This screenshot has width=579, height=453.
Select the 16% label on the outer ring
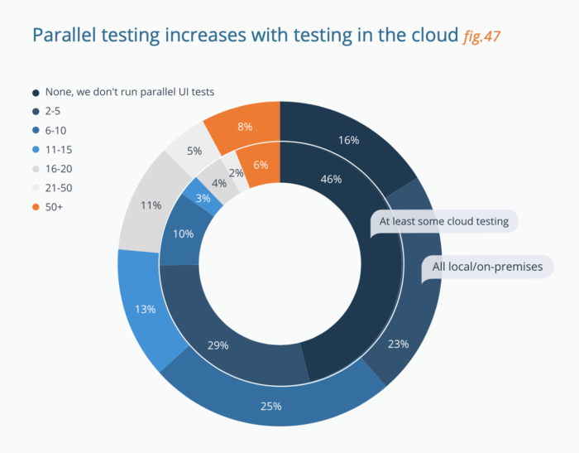pos(349,141)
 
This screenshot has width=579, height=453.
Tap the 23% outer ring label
pos(398,344)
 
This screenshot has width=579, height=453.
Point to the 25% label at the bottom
pos(271,406)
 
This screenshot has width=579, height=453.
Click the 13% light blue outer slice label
pos(146,309)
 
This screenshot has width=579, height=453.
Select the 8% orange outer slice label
pos(245,127)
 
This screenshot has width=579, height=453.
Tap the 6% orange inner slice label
pos(261,165)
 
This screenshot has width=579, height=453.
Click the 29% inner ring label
pos(218,345)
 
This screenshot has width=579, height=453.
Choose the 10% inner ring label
pos(184,234)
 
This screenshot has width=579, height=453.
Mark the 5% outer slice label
pos(195,151)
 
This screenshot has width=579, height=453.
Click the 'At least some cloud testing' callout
pos(445,222)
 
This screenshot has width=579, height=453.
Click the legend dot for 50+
pos(36,205)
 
